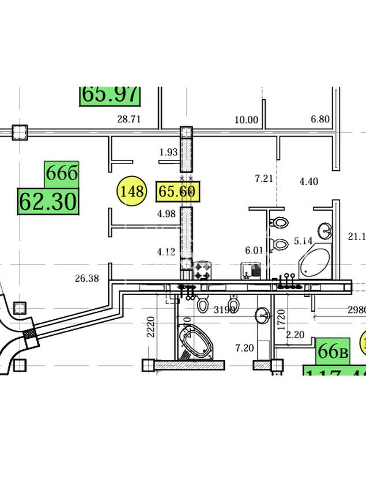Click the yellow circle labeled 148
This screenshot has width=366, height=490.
click(132, 191)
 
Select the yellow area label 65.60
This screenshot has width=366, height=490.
click(178, 191)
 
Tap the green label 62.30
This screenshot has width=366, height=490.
click(48, 201)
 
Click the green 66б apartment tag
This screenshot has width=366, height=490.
click(61, 173)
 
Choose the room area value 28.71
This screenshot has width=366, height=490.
click(129, 120)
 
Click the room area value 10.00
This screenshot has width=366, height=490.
click(246, 120)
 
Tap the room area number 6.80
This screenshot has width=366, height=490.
click(320, 119)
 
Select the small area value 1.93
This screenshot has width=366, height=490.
click(168, 152)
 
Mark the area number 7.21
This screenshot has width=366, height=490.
click(263, 179)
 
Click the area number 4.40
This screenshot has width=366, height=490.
click(308, 182)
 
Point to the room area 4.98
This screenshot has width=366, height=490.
click(166, 214)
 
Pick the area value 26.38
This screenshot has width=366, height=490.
click(86, 278)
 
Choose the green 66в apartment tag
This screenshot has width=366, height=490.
click(333, 351)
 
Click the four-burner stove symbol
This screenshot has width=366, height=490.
click(202, 270)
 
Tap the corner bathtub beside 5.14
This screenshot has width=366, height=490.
click(315, 263)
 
